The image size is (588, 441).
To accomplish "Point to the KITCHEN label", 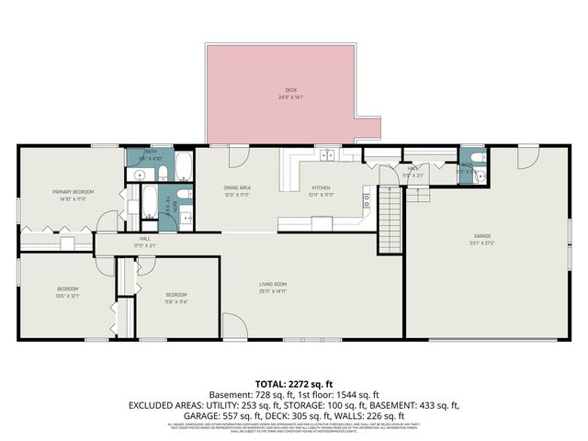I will point(321,187).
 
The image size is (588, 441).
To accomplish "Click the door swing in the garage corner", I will point(528,157).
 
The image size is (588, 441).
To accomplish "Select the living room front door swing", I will point(234,328).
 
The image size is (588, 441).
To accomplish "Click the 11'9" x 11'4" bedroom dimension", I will point(176,300).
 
